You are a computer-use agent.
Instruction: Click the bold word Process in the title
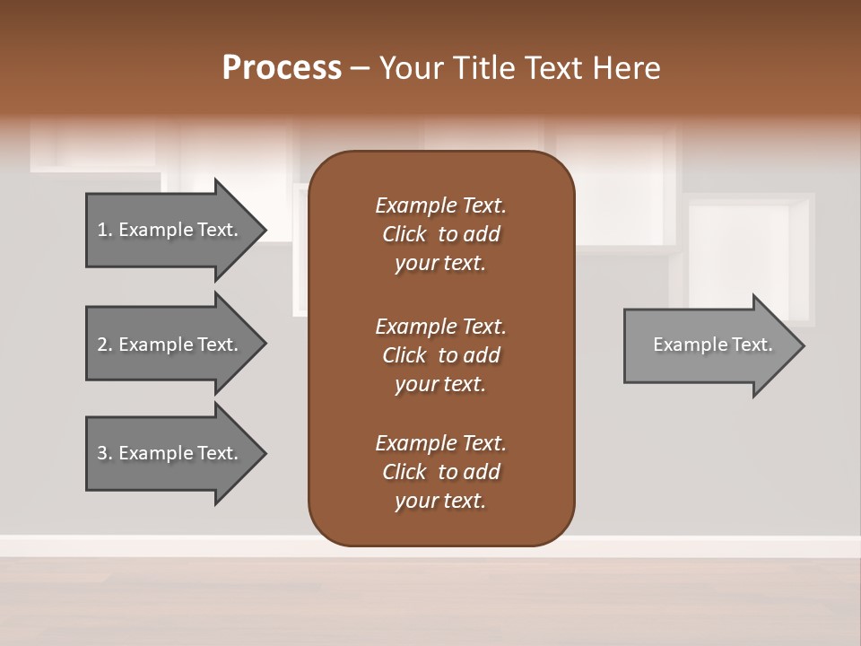pos(282,67)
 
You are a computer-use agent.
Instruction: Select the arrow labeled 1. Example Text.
pos(168,230)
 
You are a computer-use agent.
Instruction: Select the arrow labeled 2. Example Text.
pos(168,345)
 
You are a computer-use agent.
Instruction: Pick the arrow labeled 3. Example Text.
pos(168,453)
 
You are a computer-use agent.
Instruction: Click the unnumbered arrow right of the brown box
pos(709,345)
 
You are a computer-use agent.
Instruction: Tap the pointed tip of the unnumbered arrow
pos(802,345)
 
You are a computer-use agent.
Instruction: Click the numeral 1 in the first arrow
pos(102,230)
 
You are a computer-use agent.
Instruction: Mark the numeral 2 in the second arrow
pos(102,345)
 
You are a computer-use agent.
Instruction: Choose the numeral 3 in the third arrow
pos(102,453)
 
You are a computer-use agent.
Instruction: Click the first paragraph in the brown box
pos(440,234)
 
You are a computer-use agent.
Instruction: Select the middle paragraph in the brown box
pos(440,354)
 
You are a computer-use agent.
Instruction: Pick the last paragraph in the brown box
pos(440,472)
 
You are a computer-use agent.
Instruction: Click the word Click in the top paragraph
pos(404,234)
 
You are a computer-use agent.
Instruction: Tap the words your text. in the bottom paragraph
pos(440,501)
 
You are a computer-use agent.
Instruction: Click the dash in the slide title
pos(361,68)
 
